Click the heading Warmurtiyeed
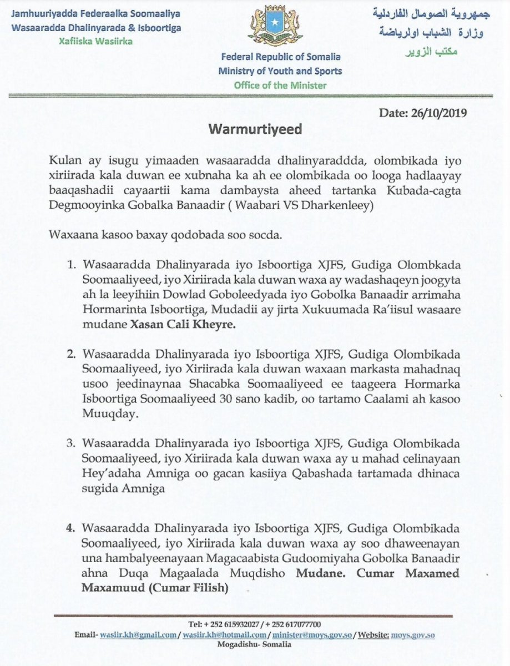[255, 130]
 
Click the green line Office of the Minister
[280, 85]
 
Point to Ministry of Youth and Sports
[280, 70]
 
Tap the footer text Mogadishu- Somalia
[255, 645]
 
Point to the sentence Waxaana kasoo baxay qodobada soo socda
[167, 235]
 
